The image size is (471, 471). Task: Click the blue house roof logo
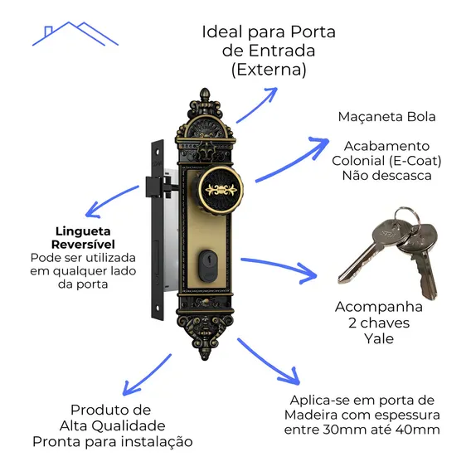[75, 33]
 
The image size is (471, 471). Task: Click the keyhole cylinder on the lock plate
[208, 266]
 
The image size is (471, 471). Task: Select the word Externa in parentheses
[269, 70]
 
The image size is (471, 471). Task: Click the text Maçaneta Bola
[386, 117]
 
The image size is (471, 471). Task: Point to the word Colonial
[358, 161]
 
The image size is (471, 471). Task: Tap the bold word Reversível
[83, 245]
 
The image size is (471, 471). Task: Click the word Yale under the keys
[379, 338]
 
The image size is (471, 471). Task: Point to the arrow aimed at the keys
[279, 268]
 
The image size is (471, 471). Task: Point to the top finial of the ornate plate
[205, 94]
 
